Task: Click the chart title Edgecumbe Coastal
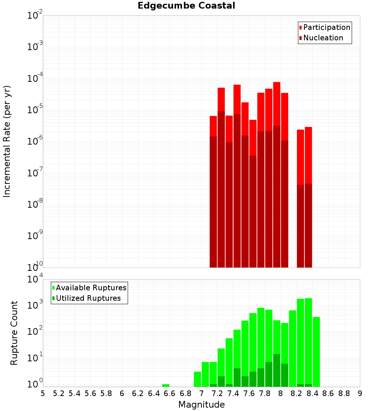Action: (186, 6)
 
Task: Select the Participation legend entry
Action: (326, 28)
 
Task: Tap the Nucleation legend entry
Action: (323, 38)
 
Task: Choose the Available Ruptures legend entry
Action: (91, 288)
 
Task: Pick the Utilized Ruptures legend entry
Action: (88, 299)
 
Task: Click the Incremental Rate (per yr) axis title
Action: (7, 141)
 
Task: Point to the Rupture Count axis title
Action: (14, 333)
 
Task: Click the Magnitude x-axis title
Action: (201, 405)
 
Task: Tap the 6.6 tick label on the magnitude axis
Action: (170, 393)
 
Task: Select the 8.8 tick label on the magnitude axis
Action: (344, 393)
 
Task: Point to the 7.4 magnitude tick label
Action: (233, 393)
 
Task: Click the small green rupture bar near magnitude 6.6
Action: (166, 385)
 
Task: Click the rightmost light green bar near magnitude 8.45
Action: (316, 351)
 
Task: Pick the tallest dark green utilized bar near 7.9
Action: (276, 370)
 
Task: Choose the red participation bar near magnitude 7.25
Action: (221, 99)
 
